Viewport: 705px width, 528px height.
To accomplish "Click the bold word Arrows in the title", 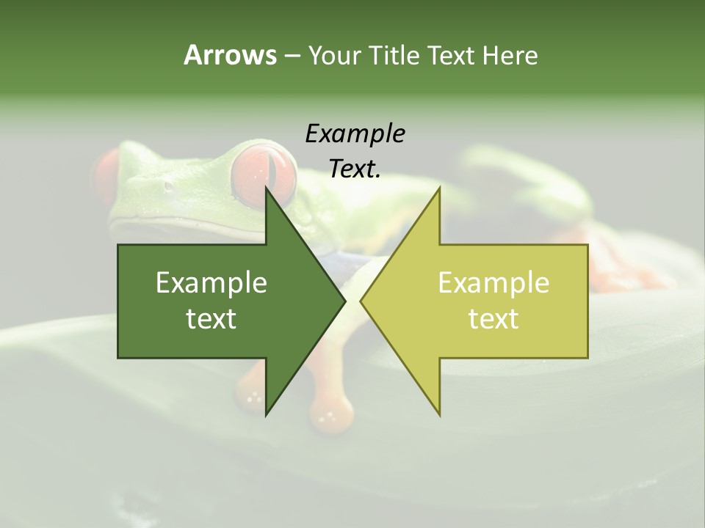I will point(229,55).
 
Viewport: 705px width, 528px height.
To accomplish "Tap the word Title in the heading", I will point(394,55).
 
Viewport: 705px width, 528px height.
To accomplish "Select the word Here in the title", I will point(510,55).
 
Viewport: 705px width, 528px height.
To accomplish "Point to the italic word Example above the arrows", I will point(355,134).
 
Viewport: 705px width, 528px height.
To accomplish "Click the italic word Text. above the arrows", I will point(355,169).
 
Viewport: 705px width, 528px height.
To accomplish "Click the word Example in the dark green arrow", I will point(211,282).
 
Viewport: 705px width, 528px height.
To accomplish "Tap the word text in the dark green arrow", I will point(211,318).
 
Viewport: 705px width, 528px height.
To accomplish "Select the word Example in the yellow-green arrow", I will point(493,282).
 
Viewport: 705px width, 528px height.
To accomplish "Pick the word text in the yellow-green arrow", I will point(493,318).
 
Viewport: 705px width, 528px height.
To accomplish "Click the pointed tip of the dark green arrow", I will point(344,301).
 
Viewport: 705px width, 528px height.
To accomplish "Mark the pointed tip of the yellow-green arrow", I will point(361,301).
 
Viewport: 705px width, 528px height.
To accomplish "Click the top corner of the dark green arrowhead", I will point(266,188).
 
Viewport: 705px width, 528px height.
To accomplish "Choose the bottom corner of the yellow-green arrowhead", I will point(439,414).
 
